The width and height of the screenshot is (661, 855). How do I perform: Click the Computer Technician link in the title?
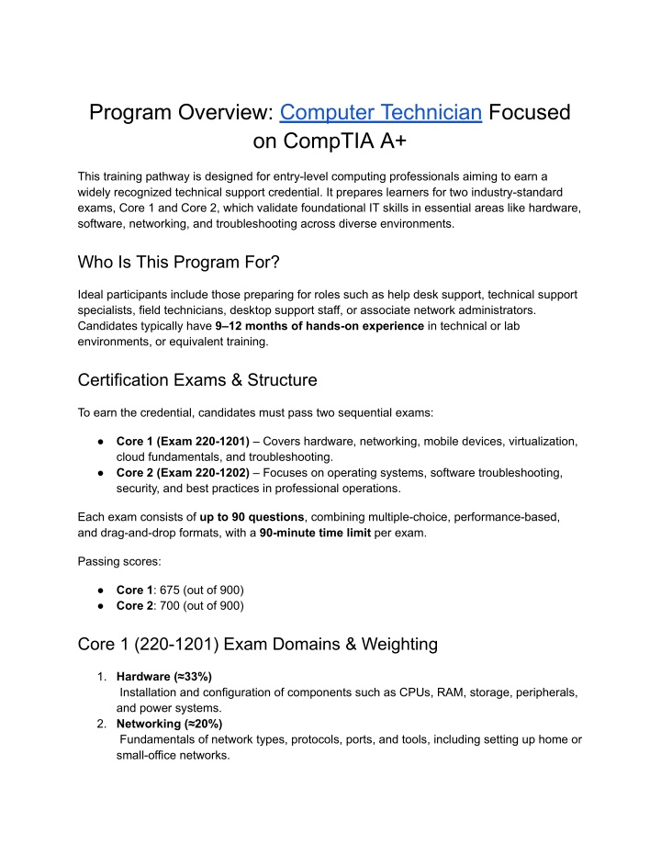[381, 112]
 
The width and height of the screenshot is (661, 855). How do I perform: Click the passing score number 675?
[174, 589]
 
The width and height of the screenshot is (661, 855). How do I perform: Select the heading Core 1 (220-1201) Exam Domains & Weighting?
[258, 644]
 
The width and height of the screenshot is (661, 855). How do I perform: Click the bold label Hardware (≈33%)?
[164, 676]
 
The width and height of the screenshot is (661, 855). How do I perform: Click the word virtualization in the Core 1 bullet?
[537, 441]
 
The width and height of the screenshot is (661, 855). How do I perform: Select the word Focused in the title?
[530, 112]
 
